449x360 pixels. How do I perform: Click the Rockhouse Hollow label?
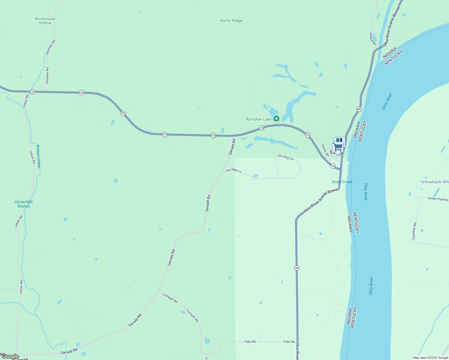[x=45, y=21]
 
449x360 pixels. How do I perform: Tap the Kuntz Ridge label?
[x=231, y=21]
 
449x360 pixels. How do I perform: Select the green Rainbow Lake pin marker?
[x=276, y=119]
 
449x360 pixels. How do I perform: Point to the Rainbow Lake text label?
[x=258, y=119]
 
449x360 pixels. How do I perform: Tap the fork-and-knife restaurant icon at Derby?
[x=340, y=140]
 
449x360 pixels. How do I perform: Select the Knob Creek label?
[x=342, y=182]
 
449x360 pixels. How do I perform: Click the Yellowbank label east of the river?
[x=434, y=182]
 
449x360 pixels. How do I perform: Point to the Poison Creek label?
[x=38, y=156]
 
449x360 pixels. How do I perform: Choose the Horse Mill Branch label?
[x=23, y=204]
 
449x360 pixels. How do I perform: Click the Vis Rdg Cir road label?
[x=286, y=157]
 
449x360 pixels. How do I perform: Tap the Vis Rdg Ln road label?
[x=234, y=171]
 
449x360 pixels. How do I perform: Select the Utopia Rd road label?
[x=372, y=39]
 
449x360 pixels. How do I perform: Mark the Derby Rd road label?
[x=325, y=150]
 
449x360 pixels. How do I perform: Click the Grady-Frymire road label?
[x=438, y=199]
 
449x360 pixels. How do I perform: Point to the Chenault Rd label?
[x=414, y=231]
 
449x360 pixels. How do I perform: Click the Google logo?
[x=10, y=357]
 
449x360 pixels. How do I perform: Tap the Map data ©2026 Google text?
[x=430, y=358]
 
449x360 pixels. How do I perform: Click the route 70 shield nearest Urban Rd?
[x=32, y=91]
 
